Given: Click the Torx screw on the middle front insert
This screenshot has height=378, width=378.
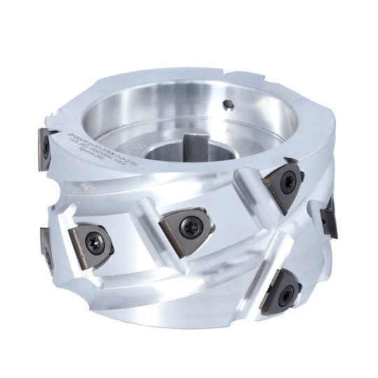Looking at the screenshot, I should [190, 225].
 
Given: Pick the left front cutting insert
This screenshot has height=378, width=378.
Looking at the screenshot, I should [90, 242].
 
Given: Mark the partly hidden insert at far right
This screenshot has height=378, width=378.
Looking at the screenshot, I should [328, 215].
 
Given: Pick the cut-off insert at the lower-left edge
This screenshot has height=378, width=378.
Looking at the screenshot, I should [45, 248].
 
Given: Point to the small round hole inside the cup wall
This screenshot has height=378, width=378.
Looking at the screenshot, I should [227, 106].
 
